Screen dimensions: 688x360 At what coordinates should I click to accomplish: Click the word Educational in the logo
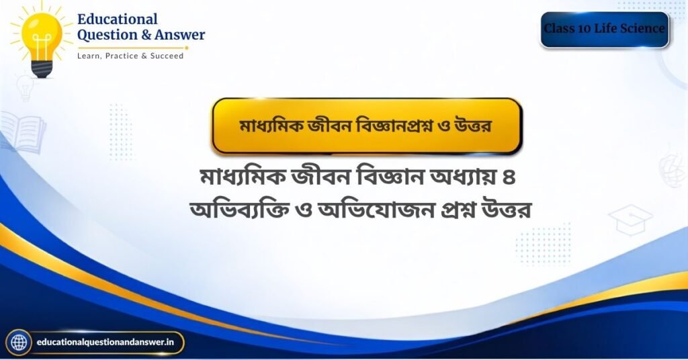tap(117, 19)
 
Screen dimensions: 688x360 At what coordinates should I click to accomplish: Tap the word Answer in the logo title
tap(179, 35)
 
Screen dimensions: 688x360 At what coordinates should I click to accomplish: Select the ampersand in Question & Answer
tap(146, 35)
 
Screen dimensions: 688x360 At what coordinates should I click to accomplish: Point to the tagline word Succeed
tap(167, 56)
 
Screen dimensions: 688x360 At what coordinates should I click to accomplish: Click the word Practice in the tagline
tap(122, 56)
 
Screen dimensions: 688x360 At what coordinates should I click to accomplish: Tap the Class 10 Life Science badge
tap(605, 30)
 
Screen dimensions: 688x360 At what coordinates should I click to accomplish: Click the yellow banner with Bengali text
tap(367, 126)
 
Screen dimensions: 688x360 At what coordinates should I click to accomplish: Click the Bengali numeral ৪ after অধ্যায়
tap(509, 177)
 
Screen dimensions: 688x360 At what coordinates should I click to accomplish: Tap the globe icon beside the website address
tap(18, 343)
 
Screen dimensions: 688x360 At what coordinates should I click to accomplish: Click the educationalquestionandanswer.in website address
tap(105, 342)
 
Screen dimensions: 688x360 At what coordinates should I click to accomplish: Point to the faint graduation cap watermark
tap(630, 219)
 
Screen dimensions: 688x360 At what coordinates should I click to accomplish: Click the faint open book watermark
tap(23, 132)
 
